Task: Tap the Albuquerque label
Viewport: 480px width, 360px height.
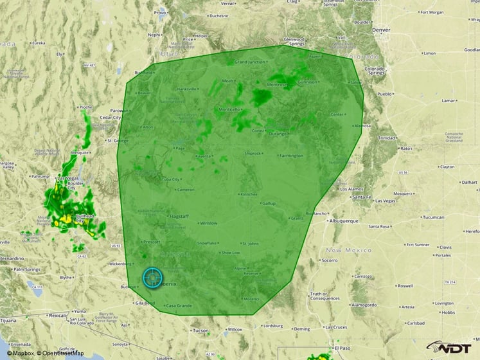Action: (340, 221)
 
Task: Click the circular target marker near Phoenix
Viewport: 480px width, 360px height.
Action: (153, 278)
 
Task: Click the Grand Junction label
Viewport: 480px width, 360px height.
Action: (249, 62)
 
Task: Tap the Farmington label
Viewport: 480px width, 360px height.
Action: (290, 155)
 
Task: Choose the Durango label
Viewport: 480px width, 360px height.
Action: (278, 133)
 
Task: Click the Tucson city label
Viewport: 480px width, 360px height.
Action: (200, 330)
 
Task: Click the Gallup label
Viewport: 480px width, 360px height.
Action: (268, 203)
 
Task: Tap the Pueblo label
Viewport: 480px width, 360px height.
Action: (384, 94)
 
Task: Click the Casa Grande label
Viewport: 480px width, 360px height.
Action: (179, 305)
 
